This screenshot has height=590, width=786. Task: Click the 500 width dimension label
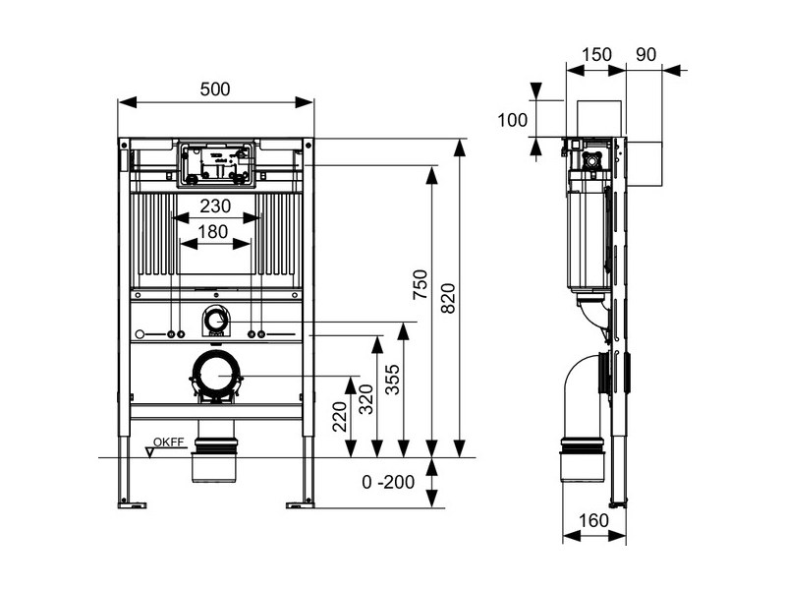pyautogui.click(x=215, y=89)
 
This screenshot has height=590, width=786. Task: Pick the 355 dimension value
pyautogui.click(x=393, y=378)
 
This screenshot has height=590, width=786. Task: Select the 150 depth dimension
pyautogui.click(x=595, y=55)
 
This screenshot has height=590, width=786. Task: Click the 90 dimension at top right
pyautogui.click(x=646, y=55)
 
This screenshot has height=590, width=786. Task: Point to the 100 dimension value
pyautogui.click(x=512, y=120)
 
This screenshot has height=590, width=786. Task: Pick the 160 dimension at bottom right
pyautogui.click(x=593, y=519)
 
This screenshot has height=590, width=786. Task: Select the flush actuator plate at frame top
pyautogui.click(x=215, y=163)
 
